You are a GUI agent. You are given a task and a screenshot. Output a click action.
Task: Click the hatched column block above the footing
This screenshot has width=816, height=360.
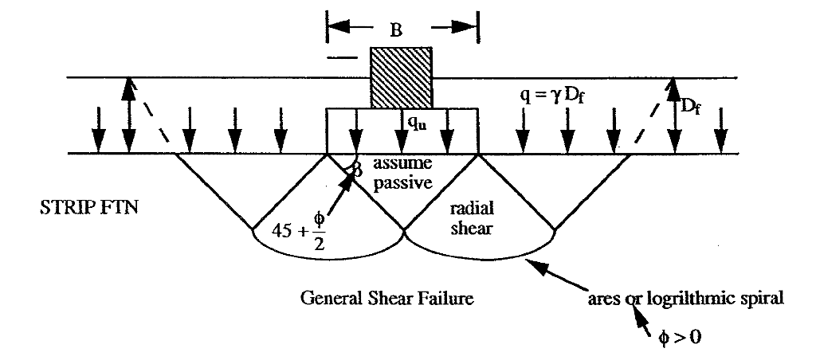[x=402, y=77]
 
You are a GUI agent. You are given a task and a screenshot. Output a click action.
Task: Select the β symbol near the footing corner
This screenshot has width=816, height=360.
[x=356, y=168]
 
